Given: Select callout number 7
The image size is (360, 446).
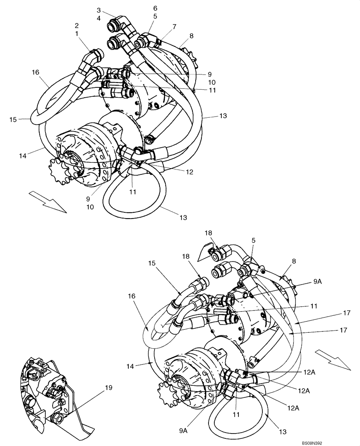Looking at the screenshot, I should click(x=174, y=27).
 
